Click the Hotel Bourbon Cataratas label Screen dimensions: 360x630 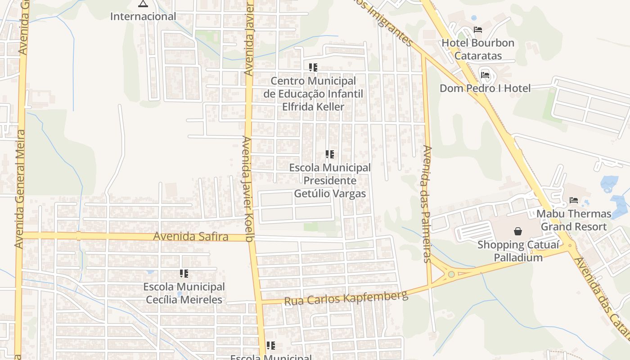(x=477, y=49)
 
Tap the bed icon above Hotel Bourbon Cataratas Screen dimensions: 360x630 (x=478, y=30)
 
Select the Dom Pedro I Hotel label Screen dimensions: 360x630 (x=485, y=88)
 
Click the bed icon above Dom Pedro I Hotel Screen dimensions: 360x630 (x=485, y=75)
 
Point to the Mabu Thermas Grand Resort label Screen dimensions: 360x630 (x=574, y=220)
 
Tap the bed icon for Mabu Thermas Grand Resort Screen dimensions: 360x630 (x=573, y=200)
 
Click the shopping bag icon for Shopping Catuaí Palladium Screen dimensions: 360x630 (x=518, y=231)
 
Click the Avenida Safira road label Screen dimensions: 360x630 (x=190, y=237)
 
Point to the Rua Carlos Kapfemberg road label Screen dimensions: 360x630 (x=346, y=297)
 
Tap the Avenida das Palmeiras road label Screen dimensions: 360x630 (x=427, y=203)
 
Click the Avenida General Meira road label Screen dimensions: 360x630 (x=19, y=189)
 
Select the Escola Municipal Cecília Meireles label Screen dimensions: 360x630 (x=184, y=293)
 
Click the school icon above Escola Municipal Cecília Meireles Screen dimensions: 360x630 (x=184, y=273)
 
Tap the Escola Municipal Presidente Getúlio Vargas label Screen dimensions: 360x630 (x=330, y=180)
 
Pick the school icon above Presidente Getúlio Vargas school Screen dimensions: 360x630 (x=329, y=155)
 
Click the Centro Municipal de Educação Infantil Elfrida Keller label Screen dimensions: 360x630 (x=313, y=94)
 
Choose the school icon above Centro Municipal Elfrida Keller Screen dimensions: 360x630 (x=313, y=67)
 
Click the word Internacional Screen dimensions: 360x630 (x=143, y=17)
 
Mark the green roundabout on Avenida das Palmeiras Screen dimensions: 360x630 (x=451, y=274)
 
